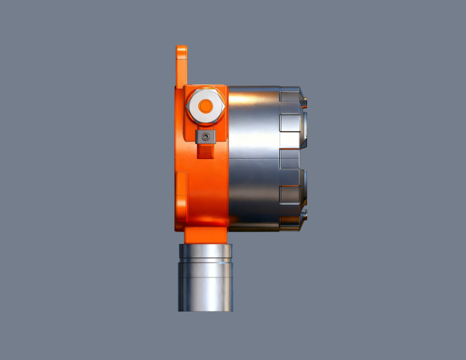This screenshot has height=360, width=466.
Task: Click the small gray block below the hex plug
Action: click(x=205, y=136)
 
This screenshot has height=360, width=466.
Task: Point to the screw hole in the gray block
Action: click(x=205, y=136)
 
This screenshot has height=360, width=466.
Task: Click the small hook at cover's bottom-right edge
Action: click(x=304, y=215)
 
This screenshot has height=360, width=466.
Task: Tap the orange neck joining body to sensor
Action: click(x=206, y=235)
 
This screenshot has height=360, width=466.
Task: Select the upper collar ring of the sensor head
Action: click(x=206, y=251)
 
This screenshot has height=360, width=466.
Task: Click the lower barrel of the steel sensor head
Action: click(x=206, y=286)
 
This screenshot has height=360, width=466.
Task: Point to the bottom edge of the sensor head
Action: click(x=206, y=310)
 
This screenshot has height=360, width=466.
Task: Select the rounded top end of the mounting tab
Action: click(x=181, y=49)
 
